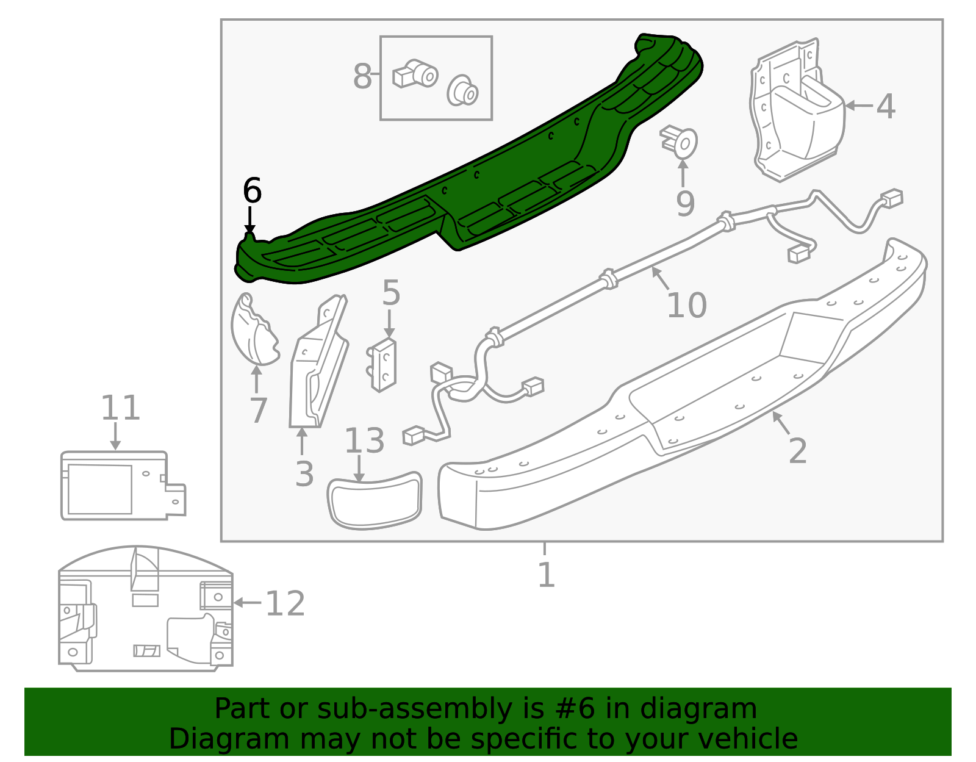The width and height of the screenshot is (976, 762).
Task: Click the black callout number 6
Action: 252,191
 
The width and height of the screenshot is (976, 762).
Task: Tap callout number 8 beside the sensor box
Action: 362,77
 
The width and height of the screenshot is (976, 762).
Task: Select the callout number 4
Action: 886,107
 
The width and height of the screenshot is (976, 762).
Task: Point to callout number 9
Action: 685,204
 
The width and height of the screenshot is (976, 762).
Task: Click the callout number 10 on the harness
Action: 686,305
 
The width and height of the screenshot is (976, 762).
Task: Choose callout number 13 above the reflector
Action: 364,441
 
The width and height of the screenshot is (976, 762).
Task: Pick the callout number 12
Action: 285,604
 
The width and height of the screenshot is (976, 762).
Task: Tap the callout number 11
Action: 120,408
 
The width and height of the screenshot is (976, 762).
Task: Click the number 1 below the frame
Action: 546,575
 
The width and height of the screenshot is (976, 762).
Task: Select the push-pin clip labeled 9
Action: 680,143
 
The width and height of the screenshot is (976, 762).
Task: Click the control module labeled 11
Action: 116,486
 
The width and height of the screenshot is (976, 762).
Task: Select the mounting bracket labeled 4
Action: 796,113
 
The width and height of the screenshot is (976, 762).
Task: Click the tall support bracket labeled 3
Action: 317,366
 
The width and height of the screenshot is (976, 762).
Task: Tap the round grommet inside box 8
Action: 462,91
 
